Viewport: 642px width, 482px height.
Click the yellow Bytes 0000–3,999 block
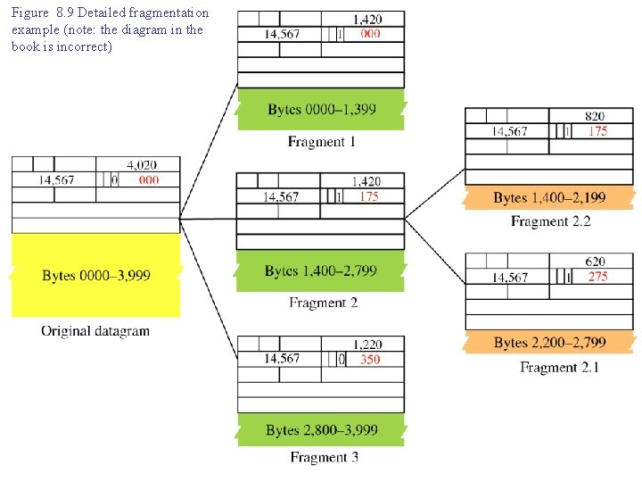(x=95, y=275)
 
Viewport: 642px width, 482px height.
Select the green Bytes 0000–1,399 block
(x=321, y=110)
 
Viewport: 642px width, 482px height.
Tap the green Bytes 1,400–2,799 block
(x=321, y=270)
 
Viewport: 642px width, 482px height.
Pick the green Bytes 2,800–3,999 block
(x=321, y=430)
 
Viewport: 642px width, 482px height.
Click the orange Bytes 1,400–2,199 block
(x=549, y=197)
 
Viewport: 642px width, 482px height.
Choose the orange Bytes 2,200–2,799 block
(x=549, y=343)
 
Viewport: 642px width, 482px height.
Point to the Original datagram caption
(x=95, y=331)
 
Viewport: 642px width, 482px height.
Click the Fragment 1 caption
(x=322, y=142)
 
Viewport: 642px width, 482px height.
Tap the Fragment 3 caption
(x=324, y=458)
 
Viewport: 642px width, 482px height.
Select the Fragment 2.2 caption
(x=550, y=221)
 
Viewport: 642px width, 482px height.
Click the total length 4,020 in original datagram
(x=142, y=165)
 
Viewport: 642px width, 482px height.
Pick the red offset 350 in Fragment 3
(x=369, y=360)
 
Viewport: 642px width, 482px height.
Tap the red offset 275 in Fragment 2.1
(x=597, y=277)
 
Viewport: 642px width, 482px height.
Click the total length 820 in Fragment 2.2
(x=595, y=116)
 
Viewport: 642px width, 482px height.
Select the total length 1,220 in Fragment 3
(x=367, y=345)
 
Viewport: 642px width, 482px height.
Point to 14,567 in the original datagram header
(x=56, y=180)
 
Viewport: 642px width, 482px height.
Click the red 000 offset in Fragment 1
(x=370, y=34)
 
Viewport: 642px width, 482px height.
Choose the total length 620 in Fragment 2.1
(x=595, y=262)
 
